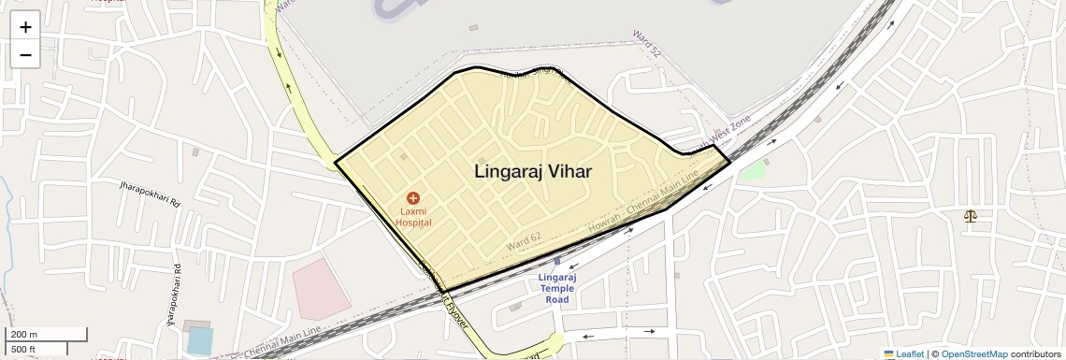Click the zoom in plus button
pos(25,27)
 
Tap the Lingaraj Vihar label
pos(533,172)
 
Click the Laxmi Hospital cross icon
pos(412,198)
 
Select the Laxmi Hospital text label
pos(412,217)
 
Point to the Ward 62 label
pos(524,241)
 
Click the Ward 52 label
pos(648,42)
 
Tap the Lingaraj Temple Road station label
pos(557,288)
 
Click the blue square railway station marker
pos(557,262)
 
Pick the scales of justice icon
pos(970,216)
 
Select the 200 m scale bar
pos(46,334)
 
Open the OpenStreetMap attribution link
pos(973,353)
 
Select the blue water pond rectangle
pos(199,340)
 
